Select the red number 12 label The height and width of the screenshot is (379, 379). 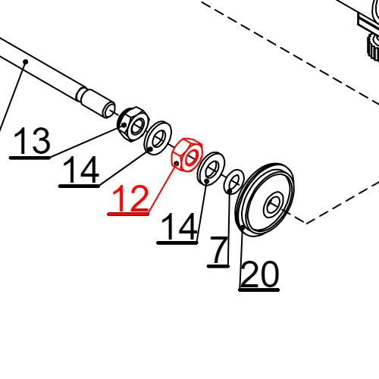[130, 199]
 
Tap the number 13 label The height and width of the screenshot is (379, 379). [32, 142]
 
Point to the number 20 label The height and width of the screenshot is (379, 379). [259, 275]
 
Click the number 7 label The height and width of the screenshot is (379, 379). [219, 251]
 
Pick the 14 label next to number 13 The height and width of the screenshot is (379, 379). [80, 171]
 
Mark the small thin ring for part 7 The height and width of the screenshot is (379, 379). [234, 183]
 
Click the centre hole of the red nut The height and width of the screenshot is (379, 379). [189, 156]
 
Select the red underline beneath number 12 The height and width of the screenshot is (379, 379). [129, 215]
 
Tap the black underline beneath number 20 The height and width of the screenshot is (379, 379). [259, 290]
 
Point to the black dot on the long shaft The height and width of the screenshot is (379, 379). [25, 62]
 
